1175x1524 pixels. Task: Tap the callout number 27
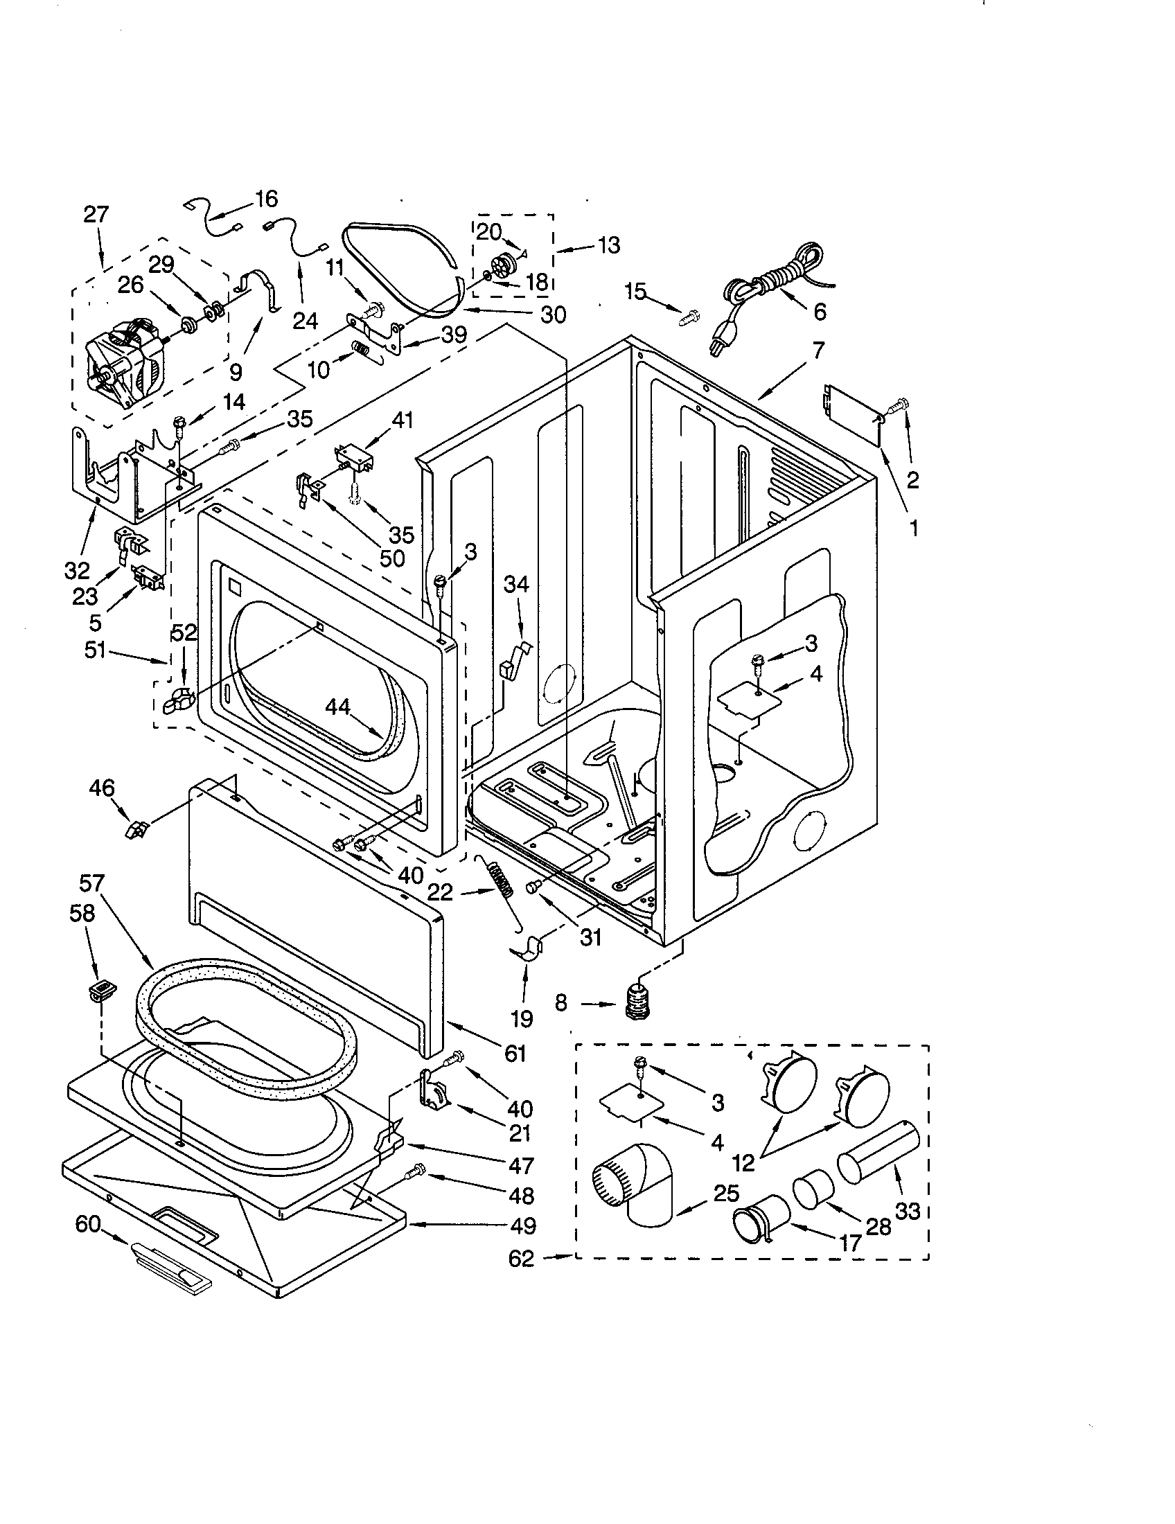click(96, 214)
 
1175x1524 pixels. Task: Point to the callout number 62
click(520, 1258)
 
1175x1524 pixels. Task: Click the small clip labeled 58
click(103, 989)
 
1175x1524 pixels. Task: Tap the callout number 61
click(515, 1052)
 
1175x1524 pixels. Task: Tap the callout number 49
click(521, 1225)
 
